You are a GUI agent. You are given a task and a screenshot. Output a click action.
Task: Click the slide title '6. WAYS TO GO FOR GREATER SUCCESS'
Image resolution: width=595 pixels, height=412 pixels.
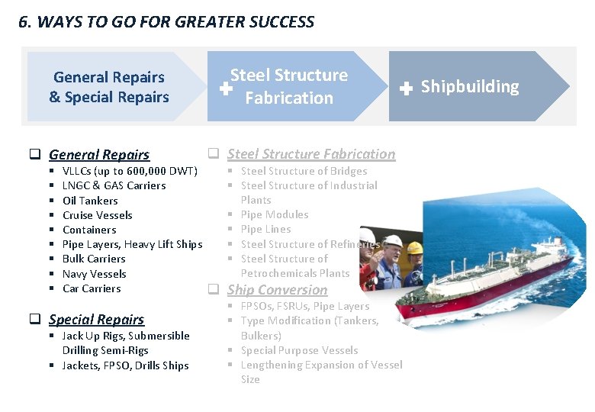tap(166, 21)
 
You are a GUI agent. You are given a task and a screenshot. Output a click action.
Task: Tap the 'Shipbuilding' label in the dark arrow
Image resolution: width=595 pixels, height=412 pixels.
tap(469, 87)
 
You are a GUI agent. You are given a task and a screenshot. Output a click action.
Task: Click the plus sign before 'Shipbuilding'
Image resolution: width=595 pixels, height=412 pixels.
tap(407, 89)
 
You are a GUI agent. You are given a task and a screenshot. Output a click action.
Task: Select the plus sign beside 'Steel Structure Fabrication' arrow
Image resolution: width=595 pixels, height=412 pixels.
tap(226, 89)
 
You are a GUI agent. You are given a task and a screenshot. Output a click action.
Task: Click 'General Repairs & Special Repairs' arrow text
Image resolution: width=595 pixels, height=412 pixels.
tap(109, 87)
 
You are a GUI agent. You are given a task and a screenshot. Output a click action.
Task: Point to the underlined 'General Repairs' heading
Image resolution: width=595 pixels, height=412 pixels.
tap(99, 155)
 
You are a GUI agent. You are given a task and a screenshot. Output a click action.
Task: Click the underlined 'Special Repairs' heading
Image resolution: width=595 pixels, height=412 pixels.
tap(96, 320)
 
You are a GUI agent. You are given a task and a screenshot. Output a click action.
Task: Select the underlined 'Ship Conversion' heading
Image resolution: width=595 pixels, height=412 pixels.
tap(277, 290)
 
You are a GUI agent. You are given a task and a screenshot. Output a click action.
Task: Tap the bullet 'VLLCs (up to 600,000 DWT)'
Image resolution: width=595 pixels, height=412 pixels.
tap(130, 171)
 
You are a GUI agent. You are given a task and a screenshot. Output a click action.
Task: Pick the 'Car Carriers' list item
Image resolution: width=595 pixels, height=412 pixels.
tap(92, 288)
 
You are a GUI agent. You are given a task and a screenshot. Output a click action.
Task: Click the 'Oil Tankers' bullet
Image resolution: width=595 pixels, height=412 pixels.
tap(90, 201)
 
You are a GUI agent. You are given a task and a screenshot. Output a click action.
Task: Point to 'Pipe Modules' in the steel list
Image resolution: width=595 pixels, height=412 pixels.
tap(275, 214)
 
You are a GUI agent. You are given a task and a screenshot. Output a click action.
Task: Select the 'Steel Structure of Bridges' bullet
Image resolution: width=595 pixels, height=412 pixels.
tap(304, 171)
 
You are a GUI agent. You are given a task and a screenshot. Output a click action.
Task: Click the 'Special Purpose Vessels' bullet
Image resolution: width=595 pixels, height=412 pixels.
tap(299, 350)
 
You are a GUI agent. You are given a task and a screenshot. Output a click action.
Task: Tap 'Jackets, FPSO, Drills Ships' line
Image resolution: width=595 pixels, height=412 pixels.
tap(126, 365)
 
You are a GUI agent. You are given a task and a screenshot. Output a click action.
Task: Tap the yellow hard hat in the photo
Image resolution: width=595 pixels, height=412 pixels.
tap(415, 248)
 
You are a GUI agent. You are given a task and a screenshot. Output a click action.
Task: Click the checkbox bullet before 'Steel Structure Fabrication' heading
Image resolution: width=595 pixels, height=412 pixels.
tap(214, 153)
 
